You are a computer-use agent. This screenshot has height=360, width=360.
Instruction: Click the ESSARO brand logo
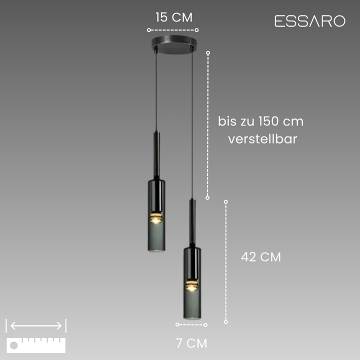click(309, 21)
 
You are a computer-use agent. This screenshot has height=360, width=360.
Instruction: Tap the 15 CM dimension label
click(174, 17)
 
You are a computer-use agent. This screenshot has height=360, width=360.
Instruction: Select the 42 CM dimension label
click(261, 257)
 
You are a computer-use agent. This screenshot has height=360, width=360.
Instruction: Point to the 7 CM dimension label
click(191, 343)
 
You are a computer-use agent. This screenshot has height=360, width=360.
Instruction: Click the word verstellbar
click(262, 139)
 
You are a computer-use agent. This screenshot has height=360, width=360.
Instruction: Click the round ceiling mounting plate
click(174, 44)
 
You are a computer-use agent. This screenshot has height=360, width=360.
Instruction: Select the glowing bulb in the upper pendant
click(156, 218)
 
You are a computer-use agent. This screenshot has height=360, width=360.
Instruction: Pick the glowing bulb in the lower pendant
click(192, 286)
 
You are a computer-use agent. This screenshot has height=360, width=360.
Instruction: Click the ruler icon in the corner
click(36, 345)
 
